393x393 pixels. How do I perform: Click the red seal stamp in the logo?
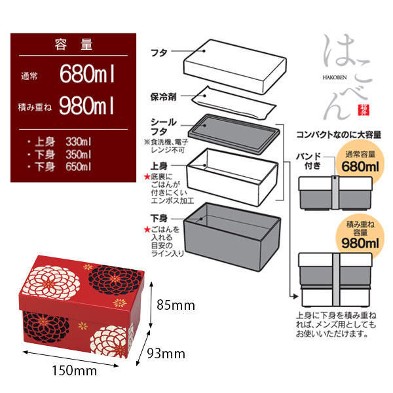(x=360, y=107)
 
